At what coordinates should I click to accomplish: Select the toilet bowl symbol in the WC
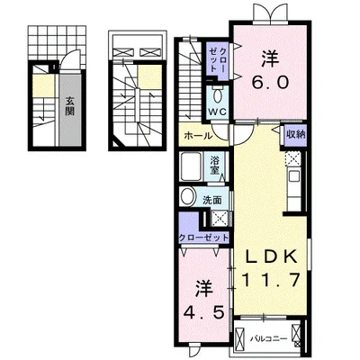coord(217,95)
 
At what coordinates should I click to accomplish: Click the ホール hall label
coord(198,136)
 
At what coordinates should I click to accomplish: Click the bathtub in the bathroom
coord(191,166)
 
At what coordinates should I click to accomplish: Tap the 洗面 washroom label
coord(212,200)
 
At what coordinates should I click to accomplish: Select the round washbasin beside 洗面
coord(187,196)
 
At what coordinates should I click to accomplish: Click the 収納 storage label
coord(295,134)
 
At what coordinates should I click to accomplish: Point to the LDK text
coord(271,256)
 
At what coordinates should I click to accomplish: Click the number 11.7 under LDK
coord(271,280)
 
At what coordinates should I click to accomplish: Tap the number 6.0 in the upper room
coord(270,82)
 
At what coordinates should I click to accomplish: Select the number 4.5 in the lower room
coord(204,313)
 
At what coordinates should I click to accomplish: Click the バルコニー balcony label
coord(269,339)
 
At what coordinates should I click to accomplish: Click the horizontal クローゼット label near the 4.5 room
coord(203,238)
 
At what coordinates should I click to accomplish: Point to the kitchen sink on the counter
coord(294,176)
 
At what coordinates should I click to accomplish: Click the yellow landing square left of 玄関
coord(43,85)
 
